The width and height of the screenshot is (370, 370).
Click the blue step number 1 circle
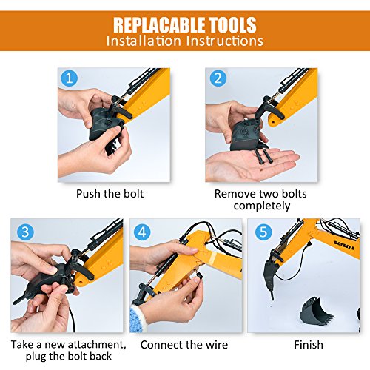pos(69,78)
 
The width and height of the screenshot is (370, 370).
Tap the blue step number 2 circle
pos(218,78)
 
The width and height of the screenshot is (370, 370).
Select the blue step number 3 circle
pos(25,232)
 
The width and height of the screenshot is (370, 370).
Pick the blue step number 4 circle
pos(142,232)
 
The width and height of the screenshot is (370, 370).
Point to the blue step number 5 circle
pos(263,232)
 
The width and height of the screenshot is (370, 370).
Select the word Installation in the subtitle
pos(144,41)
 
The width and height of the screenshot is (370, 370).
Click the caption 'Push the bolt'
pos(110,194)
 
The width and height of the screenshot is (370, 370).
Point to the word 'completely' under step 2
pos(262,206)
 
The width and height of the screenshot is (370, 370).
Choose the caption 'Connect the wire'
pos(184,345)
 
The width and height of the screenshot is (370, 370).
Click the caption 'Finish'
pos(309,345)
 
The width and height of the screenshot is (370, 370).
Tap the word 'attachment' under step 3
pos(97,345)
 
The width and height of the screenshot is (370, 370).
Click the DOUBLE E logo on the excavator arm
pos(344,246)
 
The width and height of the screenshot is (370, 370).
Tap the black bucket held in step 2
pos(246,135)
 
